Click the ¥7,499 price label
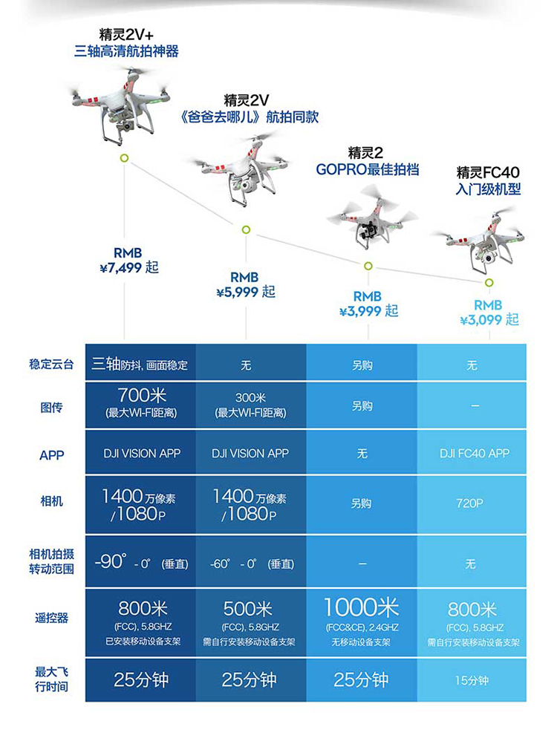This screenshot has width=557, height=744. (129, 267)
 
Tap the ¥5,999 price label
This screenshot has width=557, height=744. (246, 292)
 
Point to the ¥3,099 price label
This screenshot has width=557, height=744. (489, 320)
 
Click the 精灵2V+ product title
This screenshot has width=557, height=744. (126, 35)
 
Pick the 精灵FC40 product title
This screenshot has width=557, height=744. (488, 173)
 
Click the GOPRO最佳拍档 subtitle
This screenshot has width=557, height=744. (368, 169)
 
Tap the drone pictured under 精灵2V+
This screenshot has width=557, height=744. (121, 103)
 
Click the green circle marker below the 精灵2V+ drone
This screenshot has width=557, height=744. (124, 158)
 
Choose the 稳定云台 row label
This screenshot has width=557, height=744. (52, 364)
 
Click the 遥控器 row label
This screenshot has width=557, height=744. (52, 617)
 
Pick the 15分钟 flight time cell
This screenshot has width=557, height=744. (472, 680)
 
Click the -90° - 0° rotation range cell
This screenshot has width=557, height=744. (141, 563)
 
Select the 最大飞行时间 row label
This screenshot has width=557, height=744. (52, 679)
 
